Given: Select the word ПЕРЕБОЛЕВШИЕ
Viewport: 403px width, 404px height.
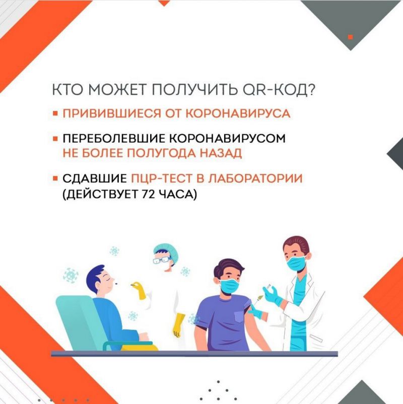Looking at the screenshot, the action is pos(114,138).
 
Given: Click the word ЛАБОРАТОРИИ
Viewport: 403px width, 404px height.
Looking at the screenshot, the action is pos(255,178).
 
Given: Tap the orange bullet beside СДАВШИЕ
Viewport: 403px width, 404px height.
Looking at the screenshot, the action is pos(55,178).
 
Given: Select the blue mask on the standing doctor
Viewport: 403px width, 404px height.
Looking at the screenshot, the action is pos(296,262).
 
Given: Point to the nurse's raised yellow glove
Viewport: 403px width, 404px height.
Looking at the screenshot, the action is pos(139,290).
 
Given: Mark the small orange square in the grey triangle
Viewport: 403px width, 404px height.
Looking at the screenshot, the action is pos(350,37).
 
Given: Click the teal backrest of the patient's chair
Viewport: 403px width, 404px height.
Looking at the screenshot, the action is pos(77,322).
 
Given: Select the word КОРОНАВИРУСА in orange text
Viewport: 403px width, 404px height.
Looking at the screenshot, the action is pos(238,113).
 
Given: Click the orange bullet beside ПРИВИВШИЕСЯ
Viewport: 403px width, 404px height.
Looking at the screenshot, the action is pos(55,113).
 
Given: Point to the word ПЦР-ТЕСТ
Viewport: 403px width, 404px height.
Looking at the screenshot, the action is pos(162,178).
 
